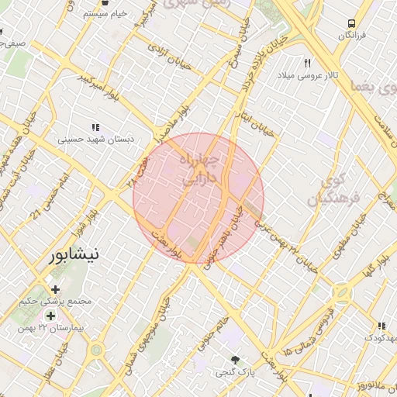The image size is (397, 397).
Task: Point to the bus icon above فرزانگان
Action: [x=351, y=23]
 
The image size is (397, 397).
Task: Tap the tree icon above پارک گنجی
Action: [x=235, y=360]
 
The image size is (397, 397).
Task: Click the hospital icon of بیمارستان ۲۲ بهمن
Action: [x=51, y=316]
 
